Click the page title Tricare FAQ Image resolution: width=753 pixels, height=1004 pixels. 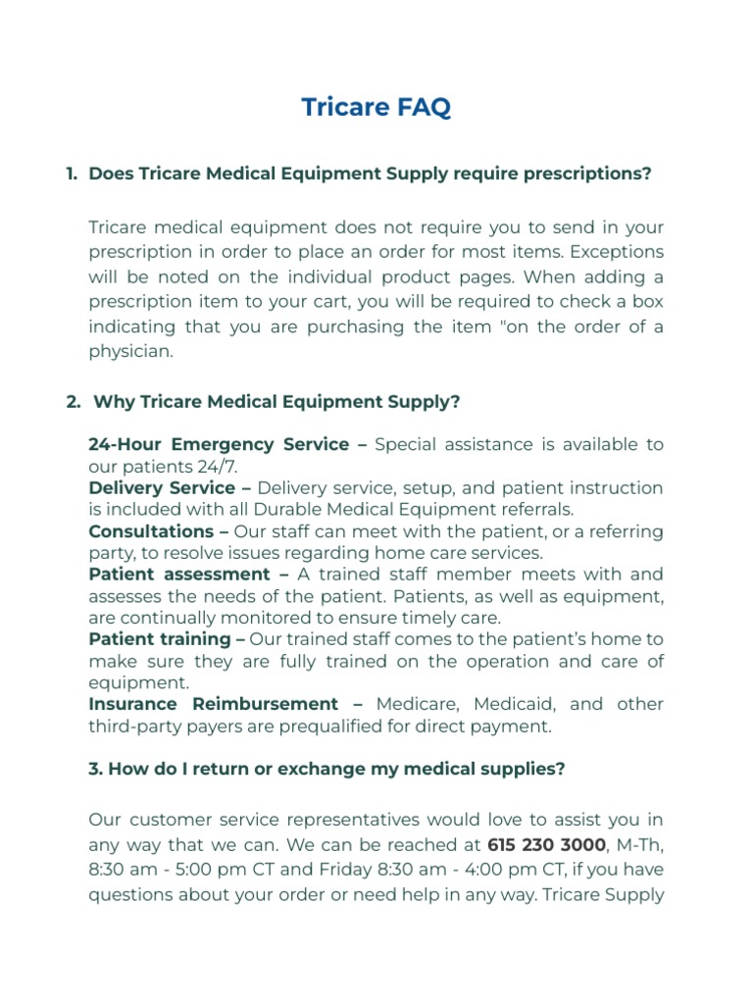pyautogui.click(x=376, y=107)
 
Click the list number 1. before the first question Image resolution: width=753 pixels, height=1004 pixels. pyautogui.click(x=72, y=174)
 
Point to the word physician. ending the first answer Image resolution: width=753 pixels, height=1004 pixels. pyautogui.click(x=130, y=350)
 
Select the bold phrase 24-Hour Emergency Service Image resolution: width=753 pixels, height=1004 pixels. pyautogui.click(x=219, y=444)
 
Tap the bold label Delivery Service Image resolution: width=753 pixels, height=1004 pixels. pyautogui.click(x=162, y=487)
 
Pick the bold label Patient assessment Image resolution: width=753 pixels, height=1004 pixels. pyautogui.click(x=178, y=574)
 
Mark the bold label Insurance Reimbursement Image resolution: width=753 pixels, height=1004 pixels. pyautogui.click(x=213, y=704)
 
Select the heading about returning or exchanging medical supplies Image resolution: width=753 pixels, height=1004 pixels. pyautogui.click(x=326, y=769)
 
